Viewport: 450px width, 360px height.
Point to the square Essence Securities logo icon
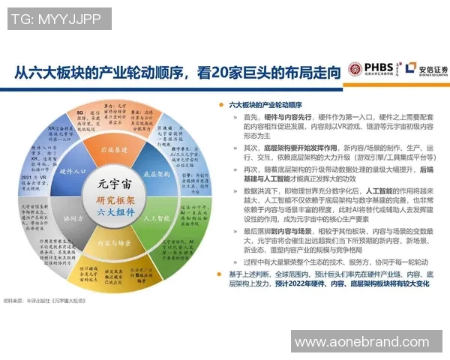410,70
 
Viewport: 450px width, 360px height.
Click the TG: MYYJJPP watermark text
56,17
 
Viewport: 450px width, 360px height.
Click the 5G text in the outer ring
79,112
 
